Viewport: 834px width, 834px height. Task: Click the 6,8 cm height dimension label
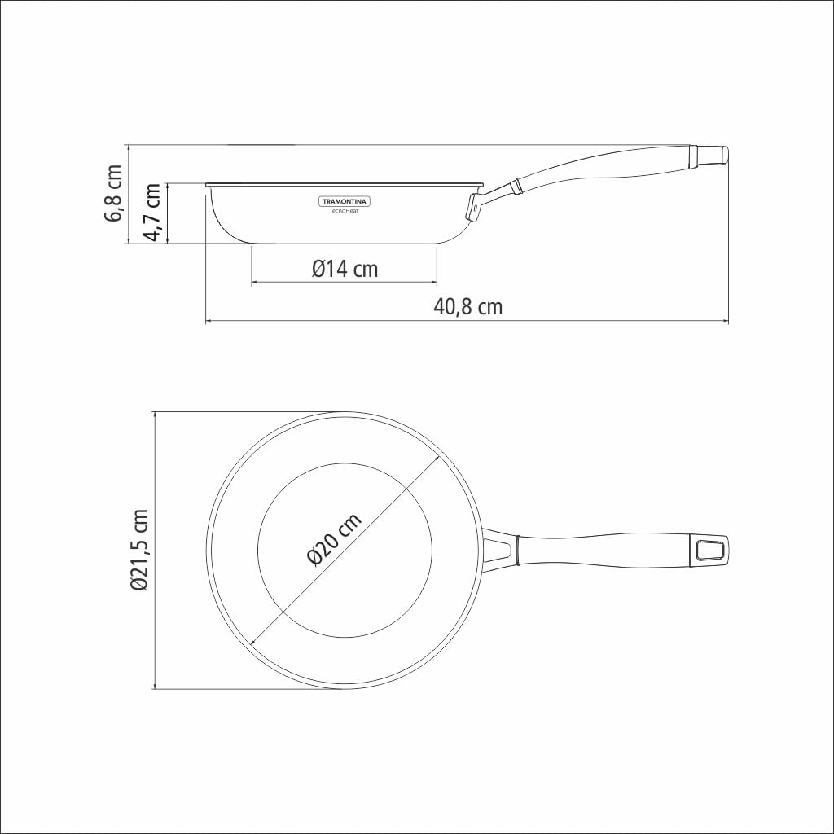coord(115,193)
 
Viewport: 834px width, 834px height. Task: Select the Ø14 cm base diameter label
coord(345,268)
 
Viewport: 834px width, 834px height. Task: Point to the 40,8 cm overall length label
coord(467,307)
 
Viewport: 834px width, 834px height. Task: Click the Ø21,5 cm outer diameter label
coord(139,551)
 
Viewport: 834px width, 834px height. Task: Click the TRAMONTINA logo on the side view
coord(343,201)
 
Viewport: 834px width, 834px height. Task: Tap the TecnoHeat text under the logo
coord(344,211)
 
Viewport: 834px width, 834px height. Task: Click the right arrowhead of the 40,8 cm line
coord(725,322)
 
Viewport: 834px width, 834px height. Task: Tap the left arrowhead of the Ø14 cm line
coord(255,283)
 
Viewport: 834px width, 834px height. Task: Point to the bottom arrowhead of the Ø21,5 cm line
coord(155,686)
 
